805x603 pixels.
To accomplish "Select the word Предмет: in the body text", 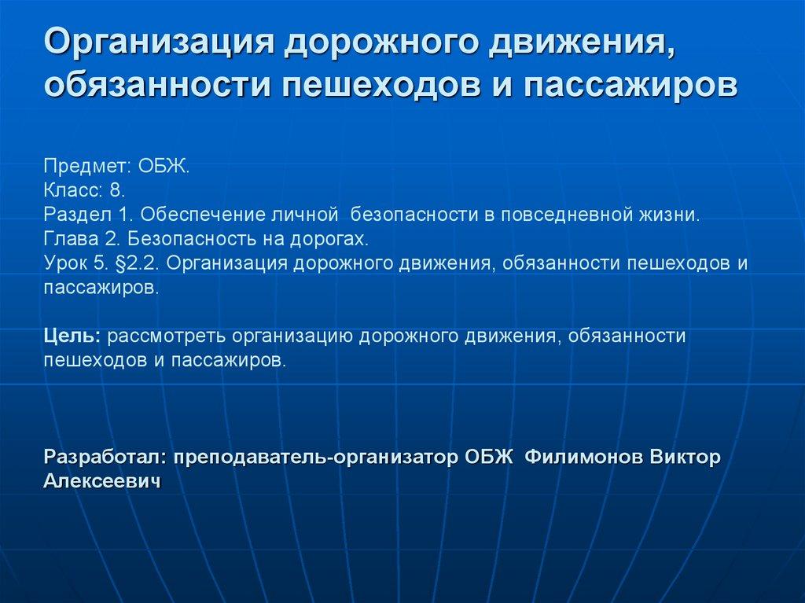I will pos(87,167).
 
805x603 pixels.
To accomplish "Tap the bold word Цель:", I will pos(72,337).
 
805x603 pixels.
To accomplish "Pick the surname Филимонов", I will pos(583,458).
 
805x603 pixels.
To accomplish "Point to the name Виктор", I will pos(686,458).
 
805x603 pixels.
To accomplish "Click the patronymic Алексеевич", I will pos(102,482).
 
